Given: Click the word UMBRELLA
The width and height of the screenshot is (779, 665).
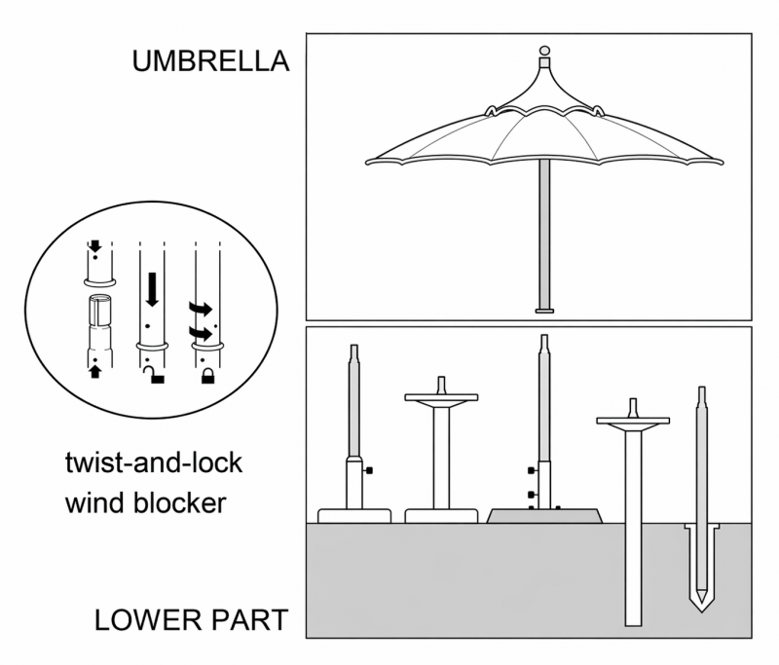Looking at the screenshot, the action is point(210,61).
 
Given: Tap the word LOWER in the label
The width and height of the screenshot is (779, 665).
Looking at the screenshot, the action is point(148,620).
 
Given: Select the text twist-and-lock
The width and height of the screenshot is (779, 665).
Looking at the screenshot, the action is point(154,463).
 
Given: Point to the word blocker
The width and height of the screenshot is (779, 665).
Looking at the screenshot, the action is point(180,502).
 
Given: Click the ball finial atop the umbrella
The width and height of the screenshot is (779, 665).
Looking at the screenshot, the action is point(544,51).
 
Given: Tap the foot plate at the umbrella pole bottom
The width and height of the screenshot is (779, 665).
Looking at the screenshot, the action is point(544,311).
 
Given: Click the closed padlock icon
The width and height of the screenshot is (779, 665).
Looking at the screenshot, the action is point(208,376).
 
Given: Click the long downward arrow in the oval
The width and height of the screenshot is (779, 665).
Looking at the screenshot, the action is point(153,289).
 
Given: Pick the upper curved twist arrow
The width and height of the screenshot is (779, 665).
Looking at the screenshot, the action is point(201,309).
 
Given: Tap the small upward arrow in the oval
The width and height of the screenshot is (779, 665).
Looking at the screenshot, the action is point(95,372).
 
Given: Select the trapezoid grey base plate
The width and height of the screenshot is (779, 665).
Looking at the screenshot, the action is point(544,516).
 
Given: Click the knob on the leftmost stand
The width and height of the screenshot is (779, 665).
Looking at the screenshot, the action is point(368,470).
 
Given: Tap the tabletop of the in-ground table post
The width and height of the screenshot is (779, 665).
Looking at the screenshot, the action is point(633,421).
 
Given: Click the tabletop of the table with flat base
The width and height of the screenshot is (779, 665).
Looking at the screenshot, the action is point(441,397).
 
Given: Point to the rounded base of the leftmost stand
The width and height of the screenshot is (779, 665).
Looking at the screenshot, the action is point(354,516).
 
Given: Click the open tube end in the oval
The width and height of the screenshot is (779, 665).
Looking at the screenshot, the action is point(100,300).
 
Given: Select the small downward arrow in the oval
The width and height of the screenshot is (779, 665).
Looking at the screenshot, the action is point(94,245).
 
